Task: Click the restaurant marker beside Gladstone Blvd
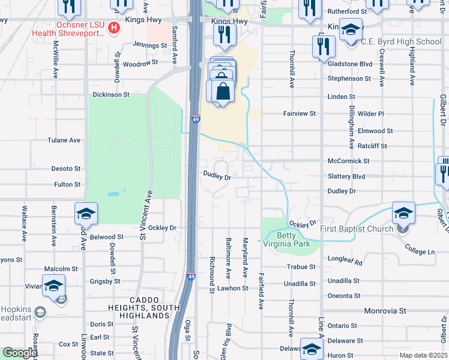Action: (323, 47)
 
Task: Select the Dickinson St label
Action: (110, 95)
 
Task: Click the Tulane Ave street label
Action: (64, 140)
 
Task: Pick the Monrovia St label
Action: (385, 311)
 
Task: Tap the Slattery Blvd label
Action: (346, 176)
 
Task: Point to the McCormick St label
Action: (348, 161)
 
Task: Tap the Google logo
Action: (19, 353)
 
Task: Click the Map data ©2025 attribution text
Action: (423, 355)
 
